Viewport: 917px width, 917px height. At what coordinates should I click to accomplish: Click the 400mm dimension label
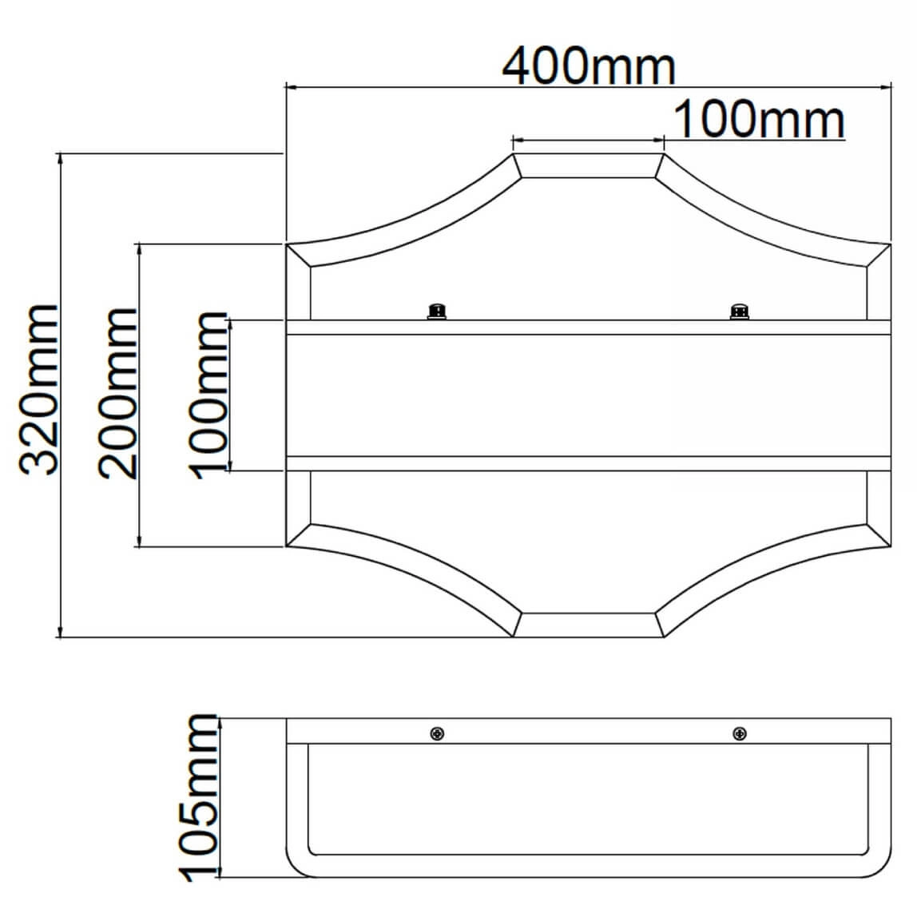589,66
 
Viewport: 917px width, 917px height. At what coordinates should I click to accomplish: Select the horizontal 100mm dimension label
759,119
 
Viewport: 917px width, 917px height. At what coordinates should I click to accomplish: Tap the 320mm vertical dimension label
39,389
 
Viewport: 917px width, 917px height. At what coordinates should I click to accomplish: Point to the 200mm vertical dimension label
117,394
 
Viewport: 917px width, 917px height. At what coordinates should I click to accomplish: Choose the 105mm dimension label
198,798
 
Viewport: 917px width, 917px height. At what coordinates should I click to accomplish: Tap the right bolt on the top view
739,312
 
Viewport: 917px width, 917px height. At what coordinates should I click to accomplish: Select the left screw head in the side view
437,733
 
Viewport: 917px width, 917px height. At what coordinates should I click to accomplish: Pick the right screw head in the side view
739,733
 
